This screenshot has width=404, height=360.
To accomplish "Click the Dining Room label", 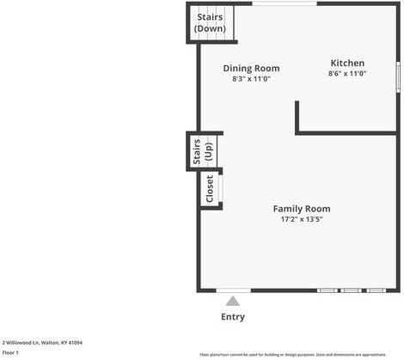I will [x=251, y=69].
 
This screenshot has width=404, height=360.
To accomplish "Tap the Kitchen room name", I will [x=347, y=64].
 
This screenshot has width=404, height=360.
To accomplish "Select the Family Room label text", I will [x=301, y=209].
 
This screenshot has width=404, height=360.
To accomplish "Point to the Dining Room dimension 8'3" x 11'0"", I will [x=251, y=79].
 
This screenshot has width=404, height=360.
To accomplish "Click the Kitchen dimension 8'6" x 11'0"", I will [x=347, y=74].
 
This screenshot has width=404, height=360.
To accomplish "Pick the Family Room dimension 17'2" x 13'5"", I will [x=301, y=219].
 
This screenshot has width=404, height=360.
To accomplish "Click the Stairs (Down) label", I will [x=210, y=22].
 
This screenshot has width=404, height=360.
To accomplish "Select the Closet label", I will [x=209, y=190].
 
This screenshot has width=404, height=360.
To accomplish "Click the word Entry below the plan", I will [x=232, y=317].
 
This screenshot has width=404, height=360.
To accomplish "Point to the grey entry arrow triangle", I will [x=232, y=301].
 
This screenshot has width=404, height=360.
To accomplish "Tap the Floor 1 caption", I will [x=12, y=352].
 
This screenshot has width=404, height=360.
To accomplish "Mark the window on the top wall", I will [x=284, y=3].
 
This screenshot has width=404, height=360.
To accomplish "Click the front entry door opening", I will [x=233, y=290].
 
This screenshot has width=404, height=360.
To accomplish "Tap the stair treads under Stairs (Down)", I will [x=210, y=37].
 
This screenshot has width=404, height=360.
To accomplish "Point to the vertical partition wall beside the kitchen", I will [x=297, y=117].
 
